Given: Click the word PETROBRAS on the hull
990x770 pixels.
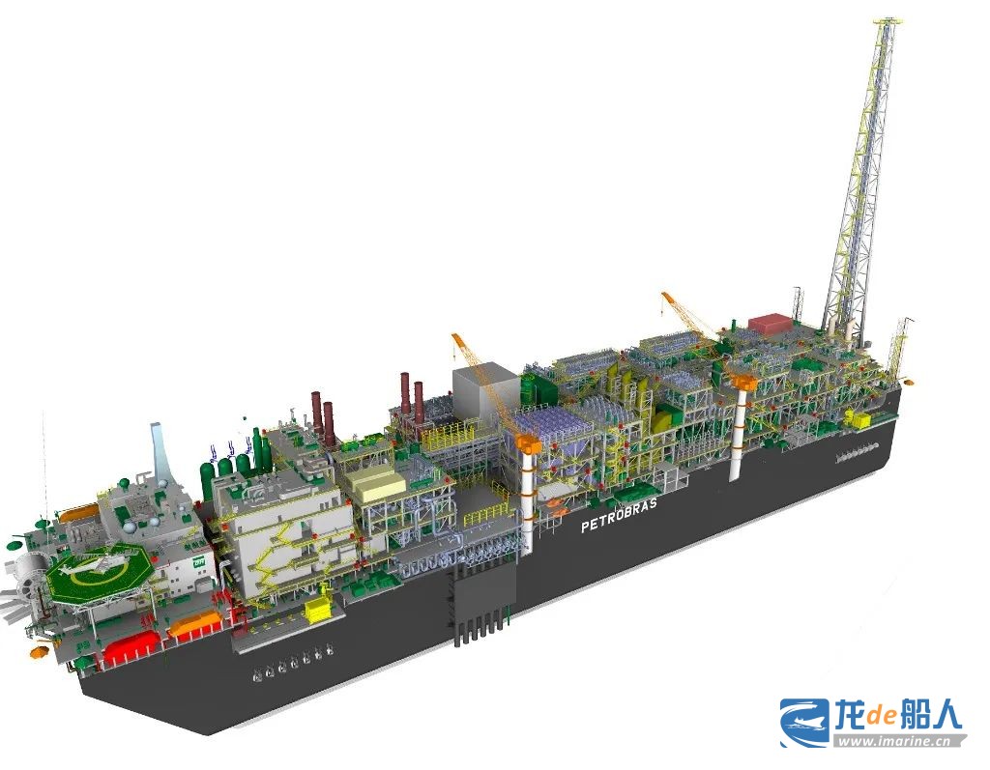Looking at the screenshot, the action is tap(619, 514).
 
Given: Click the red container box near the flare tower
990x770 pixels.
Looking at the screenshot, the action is tap(771, 322).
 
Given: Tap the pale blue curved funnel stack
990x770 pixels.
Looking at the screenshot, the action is tap(159, 449).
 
